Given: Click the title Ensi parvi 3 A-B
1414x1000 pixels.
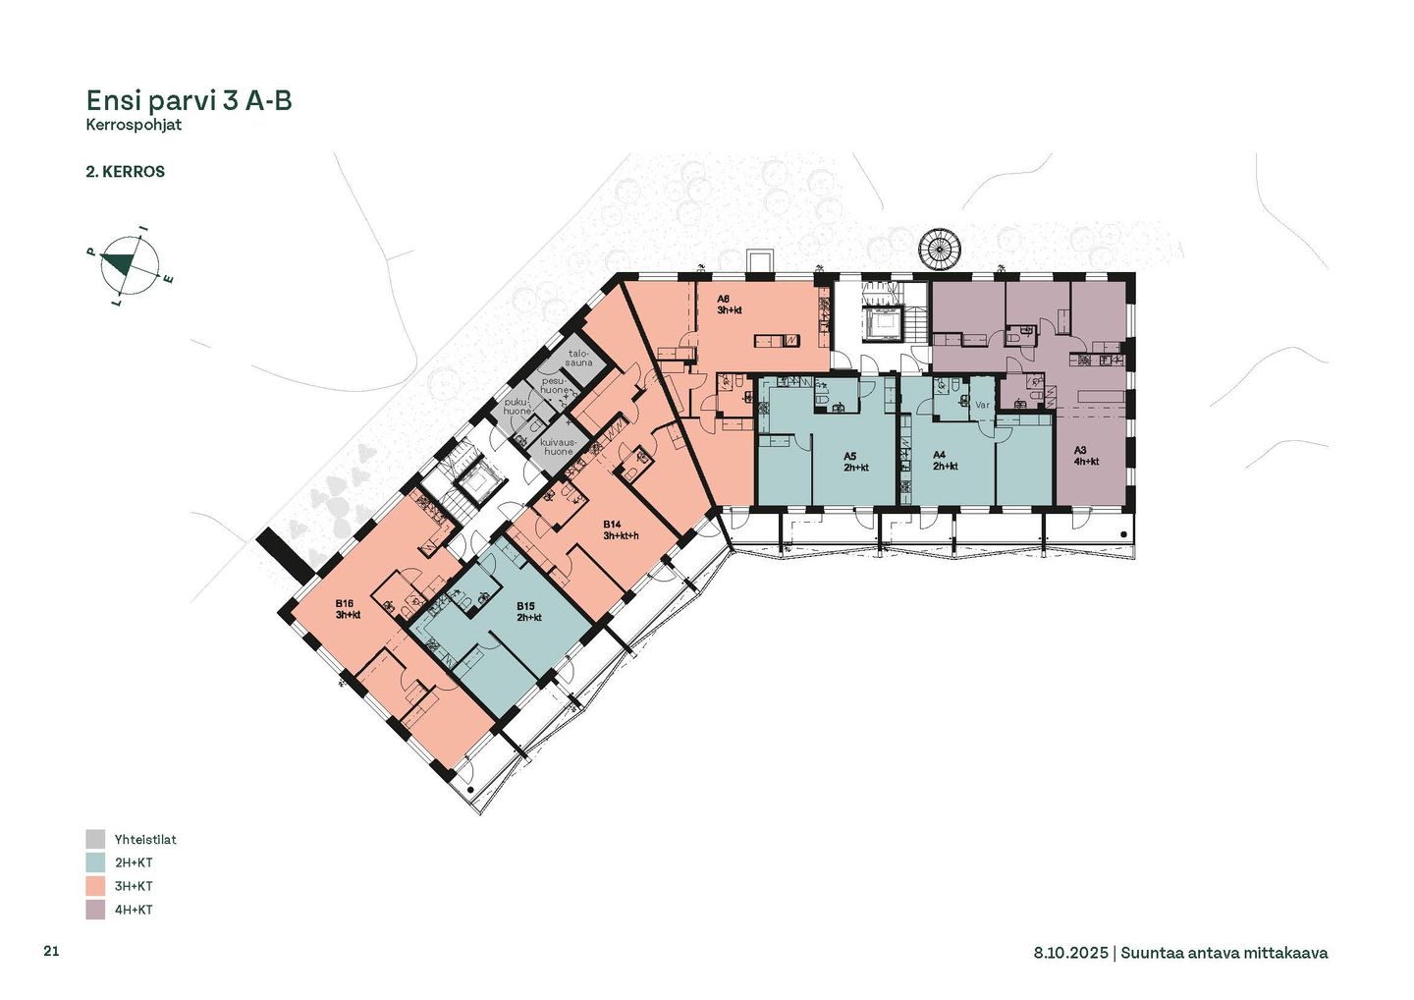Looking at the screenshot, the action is pyautogui.click(x=189, y=101).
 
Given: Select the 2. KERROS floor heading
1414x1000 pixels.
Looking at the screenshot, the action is pyautogui.click(x=125, y=172).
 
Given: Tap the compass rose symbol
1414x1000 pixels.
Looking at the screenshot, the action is pyautogui.click(x=129, y=266).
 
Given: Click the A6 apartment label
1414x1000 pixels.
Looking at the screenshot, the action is pyautogui.click(x=729, y=305).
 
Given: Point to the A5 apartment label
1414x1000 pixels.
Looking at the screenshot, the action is pyautogui.click(x=856, y=462).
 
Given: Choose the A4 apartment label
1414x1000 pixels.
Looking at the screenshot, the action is pyautogui.click(x=946, y=461).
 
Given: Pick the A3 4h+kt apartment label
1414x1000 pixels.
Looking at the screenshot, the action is pyautogui.click(x=1086, y=456).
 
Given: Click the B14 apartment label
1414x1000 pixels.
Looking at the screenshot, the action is pyautogui.click(x=621, y=530).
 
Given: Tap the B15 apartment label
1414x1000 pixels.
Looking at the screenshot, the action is pyautogui.click(x=529, y=612).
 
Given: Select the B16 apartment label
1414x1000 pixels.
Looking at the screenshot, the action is pyautogui.click(x=348, y=609).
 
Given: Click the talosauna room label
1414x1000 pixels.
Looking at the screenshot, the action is pyautogui.click(x=579, y=358).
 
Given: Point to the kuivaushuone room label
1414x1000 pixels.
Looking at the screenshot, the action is pyautogui.click(x=559, y=447).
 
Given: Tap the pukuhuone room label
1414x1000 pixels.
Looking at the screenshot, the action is pyautogui.click(x=517, y=406).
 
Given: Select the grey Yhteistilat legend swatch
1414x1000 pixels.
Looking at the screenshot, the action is pyautogui.click(x=95, y=839).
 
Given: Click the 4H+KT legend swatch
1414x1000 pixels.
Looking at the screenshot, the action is pyautogui.click(x=95, y=910).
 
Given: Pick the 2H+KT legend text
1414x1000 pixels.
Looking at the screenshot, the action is pyautogui.click(x=134, y=862).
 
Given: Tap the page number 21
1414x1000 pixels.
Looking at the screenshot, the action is pyautogui.click(x=51, y=951).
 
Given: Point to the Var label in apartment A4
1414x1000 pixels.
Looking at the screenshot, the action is pyautogui.click(x=983, y=405).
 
